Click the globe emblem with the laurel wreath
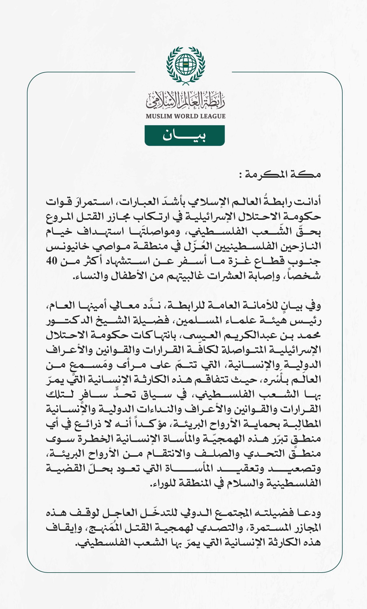(x=186, y=64)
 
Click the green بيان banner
(x=185, y=135)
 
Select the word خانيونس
(x=65, y=246)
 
